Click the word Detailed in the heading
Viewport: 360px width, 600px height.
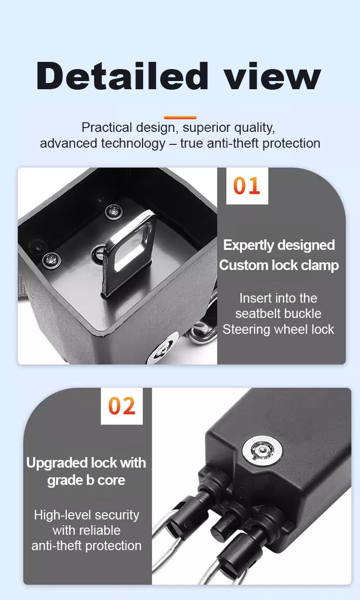122,76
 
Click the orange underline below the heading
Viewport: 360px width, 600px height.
180,118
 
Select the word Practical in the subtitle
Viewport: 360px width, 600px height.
107,128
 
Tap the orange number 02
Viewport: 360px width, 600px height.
122,406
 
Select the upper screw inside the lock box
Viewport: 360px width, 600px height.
114,212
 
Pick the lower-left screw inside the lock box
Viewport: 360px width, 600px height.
51,260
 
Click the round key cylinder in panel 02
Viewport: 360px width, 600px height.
262,451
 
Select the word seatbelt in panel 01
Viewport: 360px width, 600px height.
278,314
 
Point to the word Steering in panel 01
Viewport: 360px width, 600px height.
246,329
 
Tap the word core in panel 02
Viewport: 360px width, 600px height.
111,481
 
